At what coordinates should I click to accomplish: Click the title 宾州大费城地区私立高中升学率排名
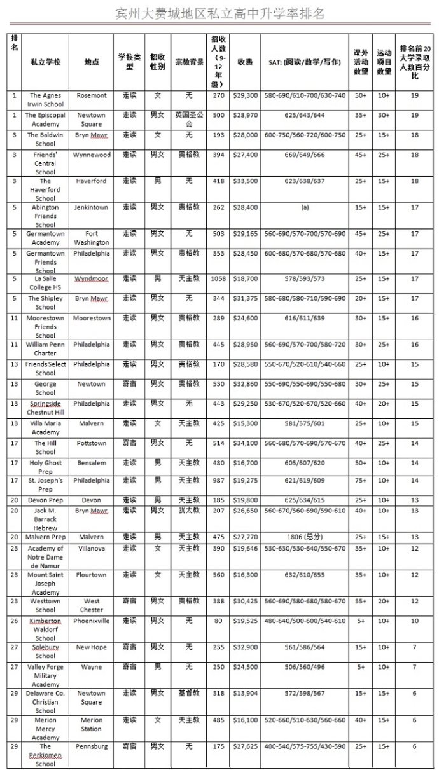(219, 13)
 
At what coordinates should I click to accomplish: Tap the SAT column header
(303, 62)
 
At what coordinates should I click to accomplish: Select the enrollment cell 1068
(218, 278)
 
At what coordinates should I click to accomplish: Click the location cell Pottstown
(92, 443)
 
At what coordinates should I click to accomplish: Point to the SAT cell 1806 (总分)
(303, 537)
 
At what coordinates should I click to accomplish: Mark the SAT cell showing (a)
(303, 207)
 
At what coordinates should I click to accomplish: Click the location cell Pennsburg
(92, 746)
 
